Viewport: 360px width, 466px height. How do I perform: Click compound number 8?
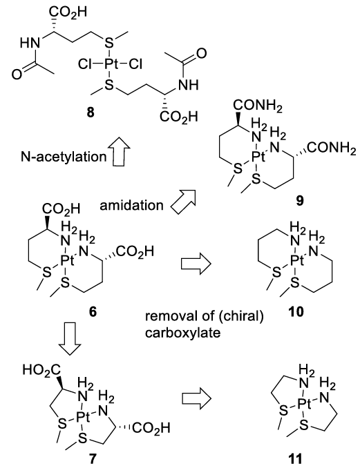tap(91, 113)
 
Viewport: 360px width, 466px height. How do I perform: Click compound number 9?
tap(300, 201)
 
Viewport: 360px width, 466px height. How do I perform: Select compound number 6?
tap(93, 312)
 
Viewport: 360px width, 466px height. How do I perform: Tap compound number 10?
tap(296, 311)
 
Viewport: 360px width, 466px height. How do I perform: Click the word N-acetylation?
tap(64, 156)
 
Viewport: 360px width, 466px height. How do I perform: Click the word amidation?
tap(131, 205)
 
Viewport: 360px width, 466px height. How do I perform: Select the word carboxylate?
tap(183, 332)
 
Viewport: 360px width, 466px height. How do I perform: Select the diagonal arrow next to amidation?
tap(183, 202)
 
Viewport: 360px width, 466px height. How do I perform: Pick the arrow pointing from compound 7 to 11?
tap(196, 398)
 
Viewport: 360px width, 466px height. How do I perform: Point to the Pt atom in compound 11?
tap(305, 404)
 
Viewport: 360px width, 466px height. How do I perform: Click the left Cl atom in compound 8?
tap(84, 64)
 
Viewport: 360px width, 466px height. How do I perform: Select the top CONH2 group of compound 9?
tap(258, 106)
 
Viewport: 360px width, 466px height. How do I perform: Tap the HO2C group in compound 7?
tap(41, 370)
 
